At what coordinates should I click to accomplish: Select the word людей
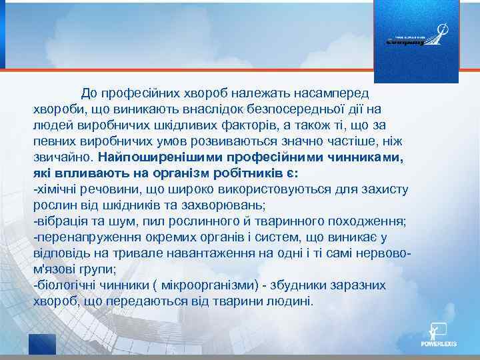pyautogui.click(x=51, y=125)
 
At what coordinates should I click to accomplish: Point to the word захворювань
pyautogui.click(x=228, y=205)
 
